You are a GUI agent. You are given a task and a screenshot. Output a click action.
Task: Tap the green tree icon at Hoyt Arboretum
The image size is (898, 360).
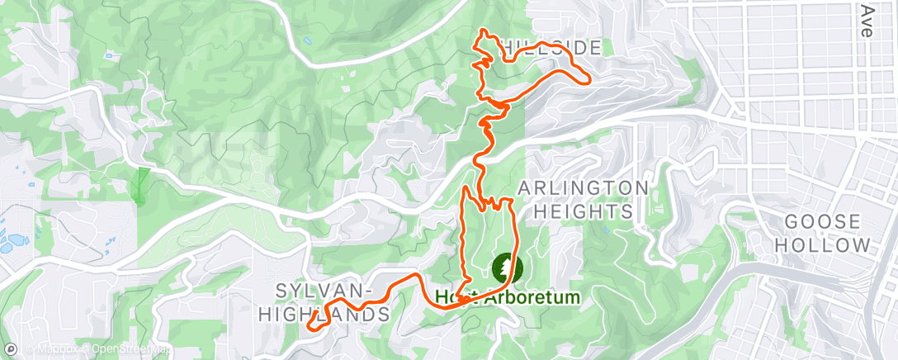(503, 268)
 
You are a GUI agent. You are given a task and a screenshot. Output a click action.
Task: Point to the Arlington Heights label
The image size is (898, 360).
(583, 199)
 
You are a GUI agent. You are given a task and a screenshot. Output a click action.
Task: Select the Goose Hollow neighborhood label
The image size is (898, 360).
(826, 234)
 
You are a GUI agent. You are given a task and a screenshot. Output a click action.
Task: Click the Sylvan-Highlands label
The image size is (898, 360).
(324, 302)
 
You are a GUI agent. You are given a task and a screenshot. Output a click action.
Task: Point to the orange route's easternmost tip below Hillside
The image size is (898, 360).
(588, 81)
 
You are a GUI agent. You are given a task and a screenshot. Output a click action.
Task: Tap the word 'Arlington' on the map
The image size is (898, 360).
(583, 187)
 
